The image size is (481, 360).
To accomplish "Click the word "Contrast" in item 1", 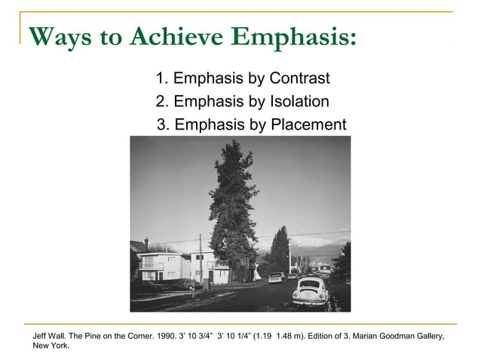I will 299,78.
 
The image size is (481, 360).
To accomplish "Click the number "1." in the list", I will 162,78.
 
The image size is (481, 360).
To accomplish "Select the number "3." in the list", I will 163,124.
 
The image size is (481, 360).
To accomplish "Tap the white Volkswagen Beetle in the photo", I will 309,291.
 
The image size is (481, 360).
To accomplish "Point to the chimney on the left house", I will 146,243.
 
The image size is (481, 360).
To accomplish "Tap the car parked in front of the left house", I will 183,284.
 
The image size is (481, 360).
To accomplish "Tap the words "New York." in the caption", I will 51,346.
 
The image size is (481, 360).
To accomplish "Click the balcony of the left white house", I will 151,266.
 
